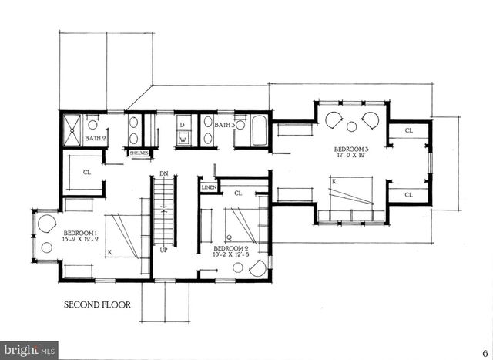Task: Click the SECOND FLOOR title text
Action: pos(96,305)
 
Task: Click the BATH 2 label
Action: pos(96,138)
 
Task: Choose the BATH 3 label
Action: pos(224,125)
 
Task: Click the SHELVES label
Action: pos(139,153)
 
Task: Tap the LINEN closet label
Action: pos(209,187)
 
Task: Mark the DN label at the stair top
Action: pos(163,173)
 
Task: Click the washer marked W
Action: pos(183,140)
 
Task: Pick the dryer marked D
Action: pos(183,124)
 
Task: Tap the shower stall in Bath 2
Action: pos(73,129)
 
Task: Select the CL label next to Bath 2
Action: pos(87,173)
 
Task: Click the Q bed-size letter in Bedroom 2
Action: pos(228,237)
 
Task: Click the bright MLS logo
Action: pos(29,349)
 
